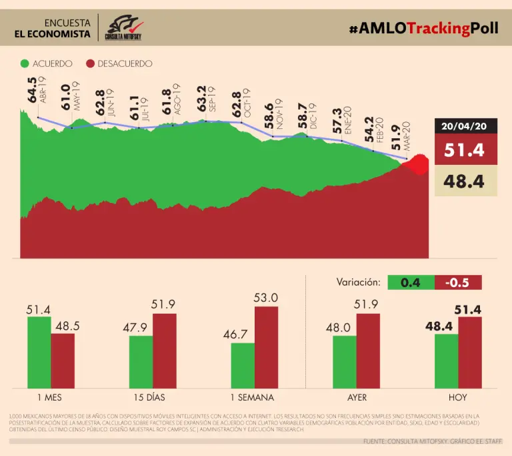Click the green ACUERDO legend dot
point(25,64)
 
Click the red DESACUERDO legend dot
point(90,64)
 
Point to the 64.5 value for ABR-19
point(33,94)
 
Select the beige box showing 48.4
point(466,181)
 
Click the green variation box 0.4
point(411,282)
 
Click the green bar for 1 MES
point(39,352)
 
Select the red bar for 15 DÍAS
point(164,350)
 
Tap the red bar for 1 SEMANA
point(265,347)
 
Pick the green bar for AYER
point(345,361)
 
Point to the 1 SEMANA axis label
point(253,397)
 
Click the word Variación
point(359,282)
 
